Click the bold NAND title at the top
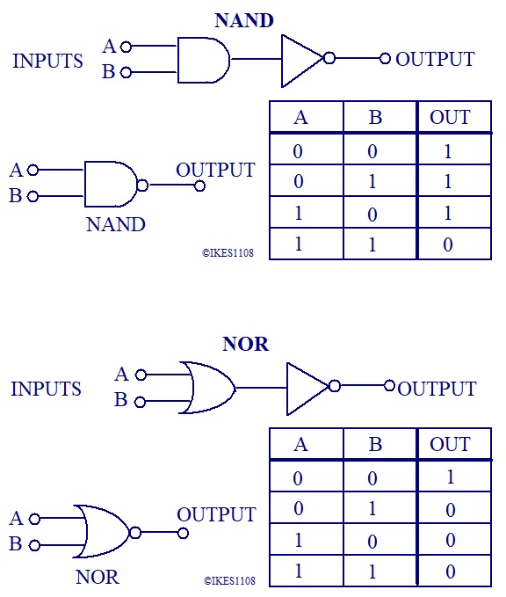click(x=244, y=20)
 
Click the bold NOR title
click(x=245, y=344)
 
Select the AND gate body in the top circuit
click(x=204, y=60)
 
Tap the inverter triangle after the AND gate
click(x=302, y=61)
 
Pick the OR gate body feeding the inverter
click(x=207, y=388)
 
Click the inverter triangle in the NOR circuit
click(x=307, y=389)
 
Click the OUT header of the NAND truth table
click(x=450, y=117)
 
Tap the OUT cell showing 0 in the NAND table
click(x=448, y=244)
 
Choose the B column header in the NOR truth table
click(x=375, y=444)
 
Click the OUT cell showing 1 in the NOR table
click(x=451, y=477)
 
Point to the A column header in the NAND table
click(x=300, y=117)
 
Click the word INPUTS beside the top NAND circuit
click(x=47, y=61)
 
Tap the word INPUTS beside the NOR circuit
click(x=46, y=389)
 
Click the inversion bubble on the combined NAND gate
click(x=142, y=186)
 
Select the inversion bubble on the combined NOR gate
click(x=135, y=532)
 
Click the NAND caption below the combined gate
click(x=116, y=224)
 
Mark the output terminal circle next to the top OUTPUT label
click(x=385, y=59)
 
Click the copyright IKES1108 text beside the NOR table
click(x=229, y=580)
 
